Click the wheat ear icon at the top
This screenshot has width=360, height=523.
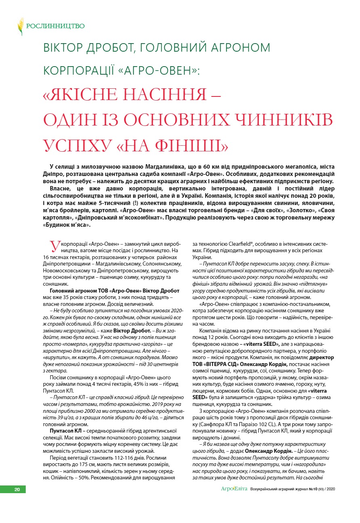(20, 26)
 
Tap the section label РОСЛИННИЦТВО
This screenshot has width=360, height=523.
(55, 26)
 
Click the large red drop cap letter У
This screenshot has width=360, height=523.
(53, 246)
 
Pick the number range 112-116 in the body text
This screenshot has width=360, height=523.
(117, 458)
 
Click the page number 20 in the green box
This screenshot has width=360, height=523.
(17, 490)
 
